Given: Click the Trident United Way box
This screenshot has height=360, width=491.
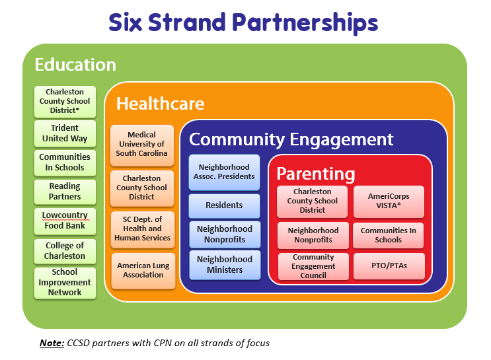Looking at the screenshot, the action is [65, 133].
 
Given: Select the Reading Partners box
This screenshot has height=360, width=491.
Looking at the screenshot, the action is [65, 192].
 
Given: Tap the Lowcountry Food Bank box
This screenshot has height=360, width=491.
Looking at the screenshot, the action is [65, 221].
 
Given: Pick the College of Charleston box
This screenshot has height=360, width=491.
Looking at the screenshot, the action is [65, 251].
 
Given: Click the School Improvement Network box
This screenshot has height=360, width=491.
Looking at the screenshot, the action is [65, 283].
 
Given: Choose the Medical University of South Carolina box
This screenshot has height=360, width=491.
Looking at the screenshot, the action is [142, 145].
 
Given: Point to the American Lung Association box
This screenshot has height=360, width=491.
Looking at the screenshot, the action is [143, 270].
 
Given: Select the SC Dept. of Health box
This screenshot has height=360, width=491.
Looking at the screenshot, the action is [143, 229].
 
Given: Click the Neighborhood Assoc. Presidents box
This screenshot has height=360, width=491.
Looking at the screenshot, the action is [224, 172].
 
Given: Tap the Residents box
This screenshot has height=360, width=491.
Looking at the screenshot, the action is [224, 205].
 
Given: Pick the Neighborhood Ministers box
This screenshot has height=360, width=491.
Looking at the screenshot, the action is [225, 264].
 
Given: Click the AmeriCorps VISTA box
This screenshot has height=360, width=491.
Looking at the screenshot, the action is [389, 201].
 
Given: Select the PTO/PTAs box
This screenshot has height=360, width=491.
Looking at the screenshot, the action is [389, 266].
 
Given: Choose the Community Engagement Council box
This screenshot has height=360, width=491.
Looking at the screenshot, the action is [313, 266].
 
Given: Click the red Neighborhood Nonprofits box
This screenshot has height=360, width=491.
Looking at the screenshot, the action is [313, 235].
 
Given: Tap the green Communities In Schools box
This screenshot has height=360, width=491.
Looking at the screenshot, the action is [65, 162].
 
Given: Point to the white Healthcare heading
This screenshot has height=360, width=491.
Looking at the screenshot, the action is [161, 104].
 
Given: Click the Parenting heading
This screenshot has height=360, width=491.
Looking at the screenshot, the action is [316, 174].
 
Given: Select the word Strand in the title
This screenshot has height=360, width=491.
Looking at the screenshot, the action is [186, 22].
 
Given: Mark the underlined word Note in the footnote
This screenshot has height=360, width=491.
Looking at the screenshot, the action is [52, 343].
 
